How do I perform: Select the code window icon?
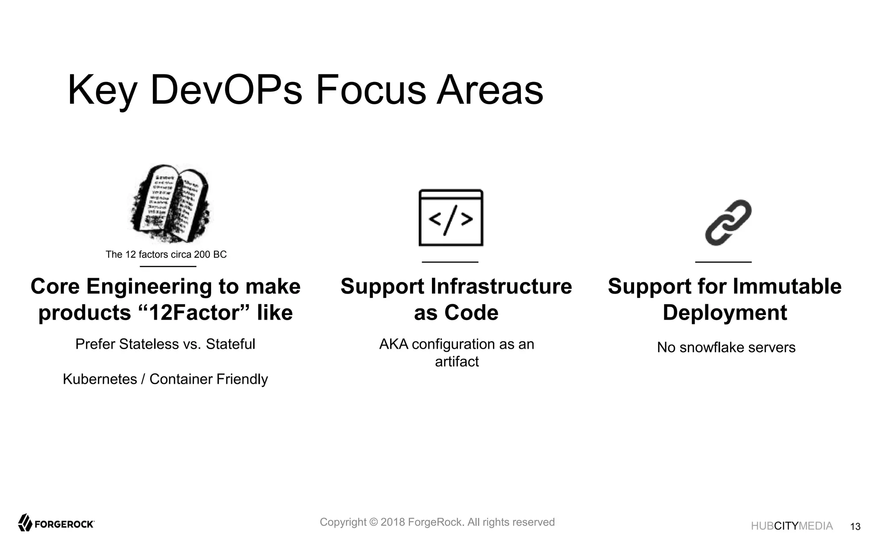pyautogui.click(x=451, y=218)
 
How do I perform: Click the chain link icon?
pyautogui.click(x=728, y=223)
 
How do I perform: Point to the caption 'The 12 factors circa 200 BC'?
pyautogui.click(x=166, y=255)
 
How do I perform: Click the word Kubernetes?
pyautogui.click(x=100, y=379)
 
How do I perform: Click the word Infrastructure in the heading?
pyautogui.click(x=501, y=286)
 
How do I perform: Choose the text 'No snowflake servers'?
pyautogui.click(x=726, y=347)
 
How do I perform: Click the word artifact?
pyautogui.click(x=457, y=362)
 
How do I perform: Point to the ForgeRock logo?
pyautogui.click(x=56, y=523)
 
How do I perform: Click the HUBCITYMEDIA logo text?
pyautogui.click(x=792, y=526)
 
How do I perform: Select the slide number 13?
pyautogui.click(x=855, y=526)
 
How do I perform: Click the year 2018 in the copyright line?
pyautogui.click(x=392, y=522)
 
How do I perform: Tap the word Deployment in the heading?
pyautogui.click(x=725, y=313)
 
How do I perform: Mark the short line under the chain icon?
pyautogui.click(x=723, y=262)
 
